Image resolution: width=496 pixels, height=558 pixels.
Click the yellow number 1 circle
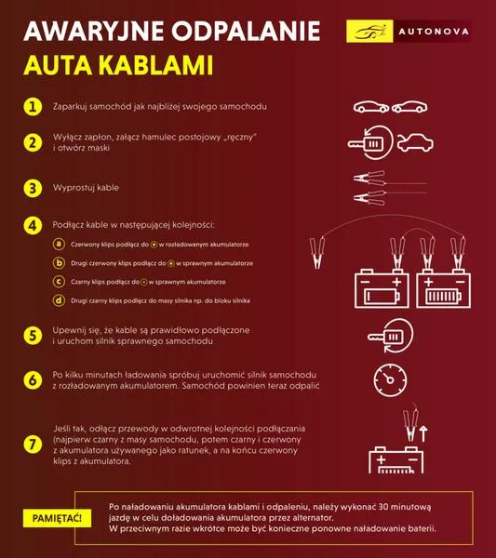(33, 107)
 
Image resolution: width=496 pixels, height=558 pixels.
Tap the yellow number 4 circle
(33, 226)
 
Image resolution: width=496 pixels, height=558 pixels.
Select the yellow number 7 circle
(33, 445)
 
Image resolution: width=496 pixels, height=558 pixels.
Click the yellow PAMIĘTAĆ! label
(57, 518)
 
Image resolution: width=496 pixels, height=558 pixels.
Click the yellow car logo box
(369, 32)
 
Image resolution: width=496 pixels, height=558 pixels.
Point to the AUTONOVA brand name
(434, 32)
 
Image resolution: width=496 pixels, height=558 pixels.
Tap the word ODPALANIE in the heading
(246, 32)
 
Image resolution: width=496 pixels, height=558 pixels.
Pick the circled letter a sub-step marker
(59, 244)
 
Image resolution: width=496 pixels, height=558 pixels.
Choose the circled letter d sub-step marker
(59, 300)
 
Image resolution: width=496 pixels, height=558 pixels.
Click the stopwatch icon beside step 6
(390, 380)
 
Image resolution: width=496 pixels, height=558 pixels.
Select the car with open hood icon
(415, 142)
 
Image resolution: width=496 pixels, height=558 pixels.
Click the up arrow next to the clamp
(423, 433)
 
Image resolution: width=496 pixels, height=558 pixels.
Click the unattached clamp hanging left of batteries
(317, 252)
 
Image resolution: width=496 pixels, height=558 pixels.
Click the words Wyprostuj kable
(86, 188)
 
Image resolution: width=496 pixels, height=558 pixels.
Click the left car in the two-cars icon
(371, 107)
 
